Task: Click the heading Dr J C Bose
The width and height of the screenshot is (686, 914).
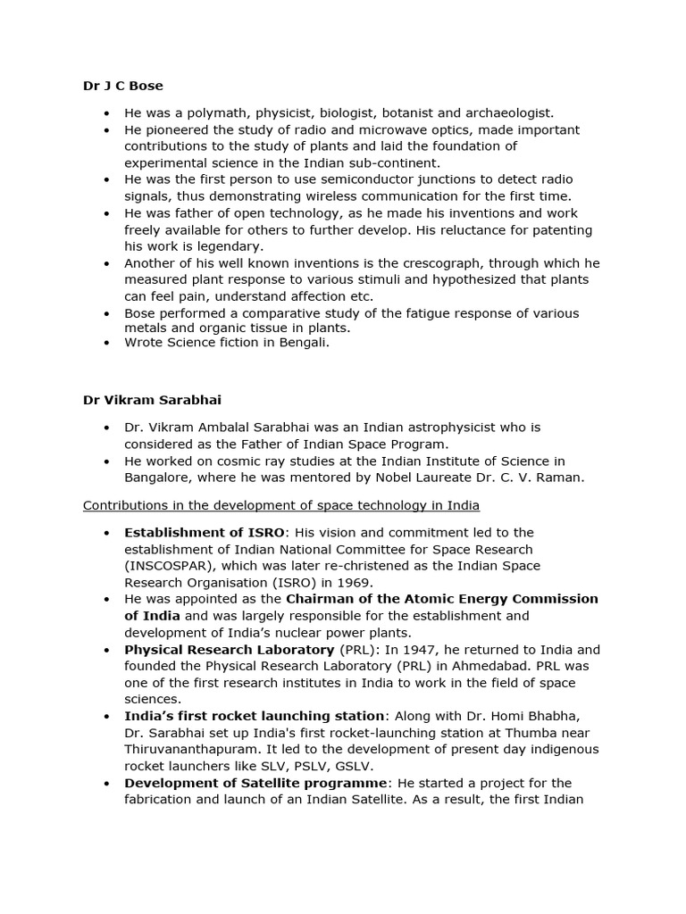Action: point(123,86)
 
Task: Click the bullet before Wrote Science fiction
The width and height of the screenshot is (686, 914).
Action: point(106,342)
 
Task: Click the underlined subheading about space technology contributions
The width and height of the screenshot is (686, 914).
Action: point(280,505)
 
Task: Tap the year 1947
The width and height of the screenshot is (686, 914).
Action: point(431,650)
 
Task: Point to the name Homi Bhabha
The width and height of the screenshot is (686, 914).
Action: point(538,716)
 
